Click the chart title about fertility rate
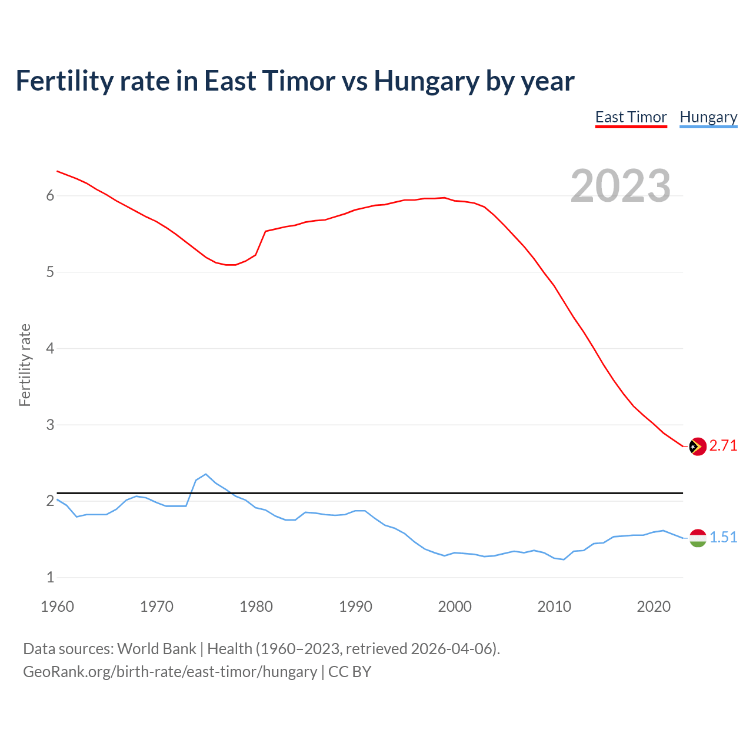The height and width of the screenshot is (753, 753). [295, 81]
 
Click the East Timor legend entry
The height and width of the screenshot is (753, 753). [631, 117]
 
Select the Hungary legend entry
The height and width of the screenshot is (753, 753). [708, 117]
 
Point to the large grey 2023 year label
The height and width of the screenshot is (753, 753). [621, 186]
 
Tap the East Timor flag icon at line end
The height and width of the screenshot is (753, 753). [698, 447]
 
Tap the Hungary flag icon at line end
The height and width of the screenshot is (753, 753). [698, 538]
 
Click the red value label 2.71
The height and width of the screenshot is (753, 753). [723, 446]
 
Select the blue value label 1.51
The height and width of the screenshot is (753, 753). [723, 537]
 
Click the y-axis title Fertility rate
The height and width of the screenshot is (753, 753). [25, 365]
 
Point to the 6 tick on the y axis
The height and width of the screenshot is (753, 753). [50, 196]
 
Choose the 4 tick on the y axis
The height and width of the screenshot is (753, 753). [50, 348]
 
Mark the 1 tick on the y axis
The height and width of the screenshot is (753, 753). [50, 578]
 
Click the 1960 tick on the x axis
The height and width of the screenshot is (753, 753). [57, 607]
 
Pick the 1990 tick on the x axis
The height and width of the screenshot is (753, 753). [355, 607]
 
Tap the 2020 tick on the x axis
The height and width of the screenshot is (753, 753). [654, 607]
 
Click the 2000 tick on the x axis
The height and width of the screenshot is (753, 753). [455, 607]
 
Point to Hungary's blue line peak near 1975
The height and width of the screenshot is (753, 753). [206, 474]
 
